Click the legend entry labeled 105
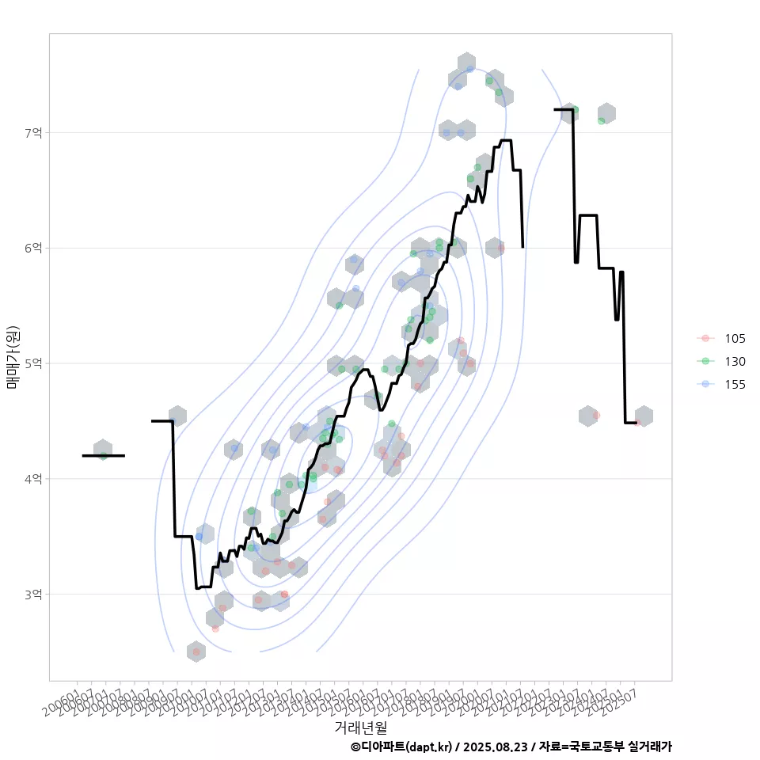click(734, 338)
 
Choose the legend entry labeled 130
click(734, 361)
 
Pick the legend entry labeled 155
click(734, 384)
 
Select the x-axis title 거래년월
click(360, 726)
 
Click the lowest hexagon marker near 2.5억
click(196, 652)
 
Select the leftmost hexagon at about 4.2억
click(103, 450)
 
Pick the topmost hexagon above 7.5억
click(466, 63)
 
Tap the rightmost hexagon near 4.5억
click(644, 416)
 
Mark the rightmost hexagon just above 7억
click(606, 113)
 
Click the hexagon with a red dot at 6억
click(495, 248)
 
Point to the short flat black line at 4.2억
click(103, 456)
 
